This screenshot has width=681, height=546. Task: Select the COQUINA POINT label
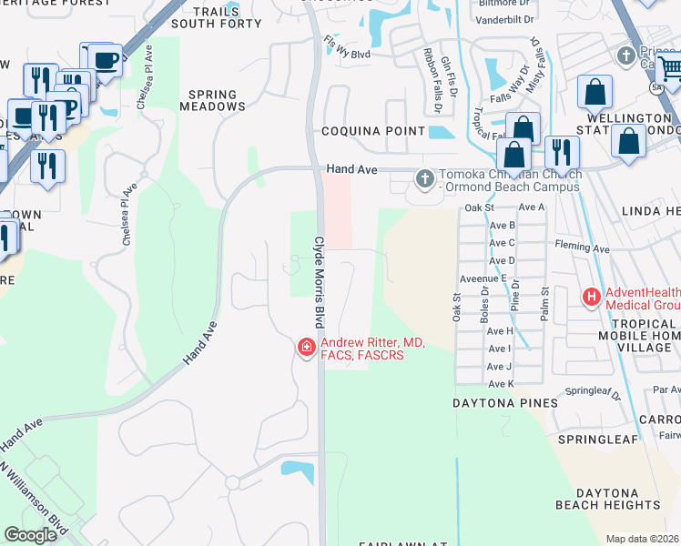372,131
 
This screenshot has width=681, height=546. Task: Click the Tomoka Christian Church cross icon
424,179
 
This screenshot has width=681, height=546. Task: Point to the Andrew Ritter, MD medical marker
306,347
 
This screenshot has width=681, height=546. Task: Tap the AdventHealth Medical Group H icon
592,297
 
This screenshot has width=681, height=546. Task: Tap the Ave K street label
500,384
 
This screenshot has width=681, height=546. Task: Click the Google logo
30,535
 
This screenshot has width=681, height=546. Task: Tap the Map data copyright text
642,539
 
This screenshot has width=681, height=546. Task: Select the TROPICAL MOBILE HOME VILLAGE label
642,336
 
